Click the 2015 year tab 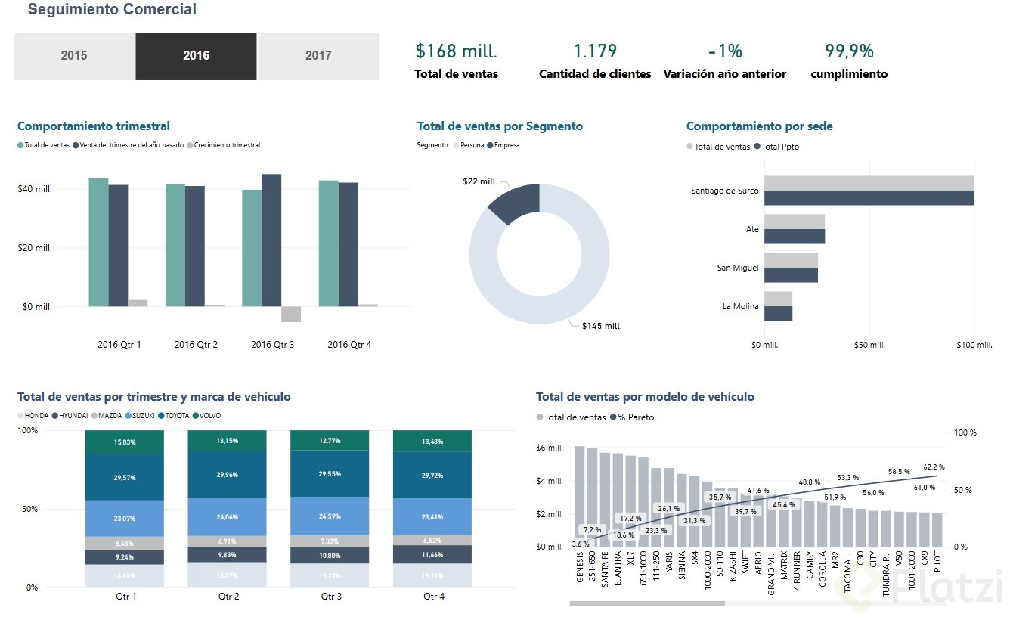[74, 55]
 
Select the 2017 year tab [318, 55]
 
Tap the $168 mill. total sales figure [457, 51]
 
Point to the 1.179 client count [595, 51]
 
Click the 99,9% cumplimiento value [849, 51]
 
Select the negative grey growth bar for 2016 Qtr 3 [291, 315]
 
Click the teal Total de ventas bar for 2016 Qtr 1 [98, 242]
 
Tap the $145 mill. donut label [601, 326]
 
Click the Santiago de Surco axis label [724, 191]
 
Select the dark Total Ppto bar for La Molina [778, 314]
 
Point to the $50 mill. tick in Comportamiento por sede [869, 346]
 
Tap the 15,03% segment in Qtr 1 [125, 442]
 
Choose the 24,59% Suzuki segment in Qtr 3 [330, 516]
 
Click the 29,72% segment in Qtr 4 [432, 475]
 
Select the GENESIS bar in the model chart [580, 495]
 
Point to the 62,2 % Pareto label [934, 467]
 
